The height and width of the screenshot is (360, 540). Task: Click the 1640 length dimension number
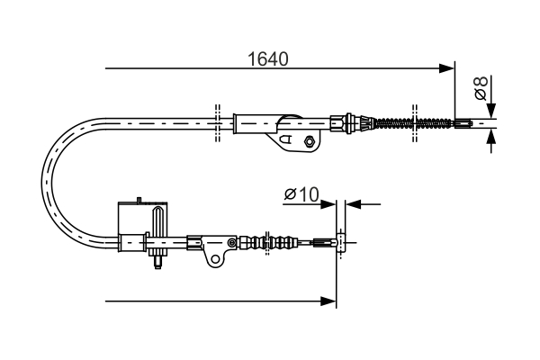tap(267, 60)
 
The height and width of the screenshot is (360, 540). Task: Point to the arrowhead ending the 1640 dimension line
tap(446, 67)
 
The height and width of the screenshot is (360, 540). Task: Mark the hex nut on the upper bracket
tap(310, 140)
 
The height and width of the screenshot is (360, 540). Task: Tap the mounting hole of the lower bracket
tap(216, 259)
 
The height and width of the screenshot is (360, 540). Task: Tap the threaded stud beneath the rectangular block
tap(158, 262)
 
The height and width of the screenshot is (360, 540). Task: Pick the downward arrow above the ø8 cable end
tap(490, 110)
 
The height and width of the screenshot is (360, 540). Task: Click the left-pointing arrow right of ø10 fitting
tap(353, 204)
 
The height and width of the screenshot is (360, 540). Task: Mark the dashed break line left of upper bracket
tap(218, 122)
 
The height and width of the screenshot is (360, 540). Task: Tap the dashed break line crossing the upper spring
tap(414, 122)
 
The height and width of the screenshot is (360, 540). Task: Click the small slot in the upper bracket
tap(287, 140)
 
